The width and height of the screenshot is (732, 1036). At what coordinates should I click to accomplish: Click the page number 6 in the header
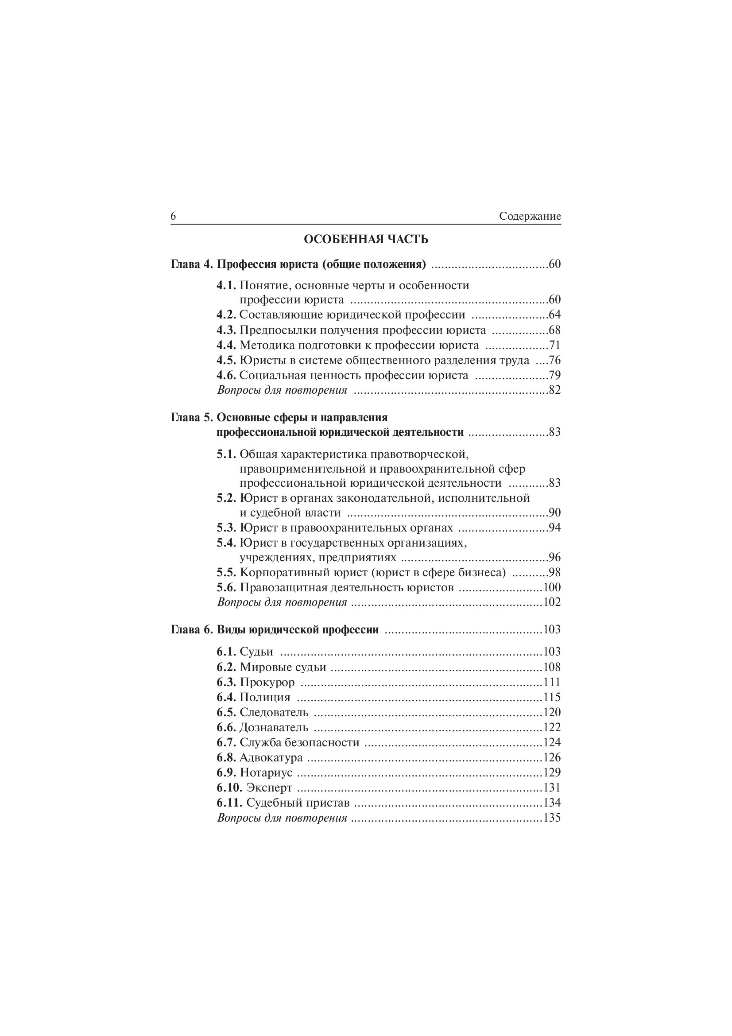point(173,217)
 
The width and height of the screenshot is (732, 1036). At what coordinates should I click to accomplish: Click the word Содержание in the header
point(530,217)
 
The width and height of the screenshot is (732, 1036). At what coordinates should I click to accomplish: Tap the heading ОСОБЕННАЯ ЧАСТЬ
point(366,240)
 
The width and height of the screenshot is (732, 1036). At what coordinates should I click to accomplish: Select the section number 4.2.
point(226,315)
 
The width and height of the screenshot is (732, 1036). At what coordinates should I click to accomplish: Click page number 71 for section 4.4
point(554,345)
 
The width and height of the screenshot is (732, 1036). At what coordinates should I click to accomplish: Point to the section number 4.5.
point(226,361)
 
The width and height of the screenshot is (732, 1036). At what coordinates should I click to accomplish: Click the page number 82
point(554,390)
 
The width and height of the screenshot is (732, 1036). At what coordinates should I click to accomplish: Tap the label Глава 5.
point(192,417)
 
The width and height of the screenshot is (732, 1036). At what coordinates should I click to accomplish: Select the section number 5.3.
point(226,528)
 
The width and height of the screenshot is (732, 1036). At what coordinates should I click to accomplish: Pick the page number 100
point(552,588)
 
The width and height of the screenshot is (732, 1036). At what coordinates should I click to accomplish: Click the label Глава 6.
point(192,630)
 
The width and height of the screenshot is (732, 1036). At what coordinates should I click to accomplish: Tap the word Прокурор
point(267,682)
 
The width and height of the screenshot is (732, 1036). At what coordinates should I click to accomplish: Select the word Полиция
point(265,698)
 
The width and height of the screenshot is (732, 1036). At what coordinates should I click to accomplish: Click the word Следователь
point(274,713)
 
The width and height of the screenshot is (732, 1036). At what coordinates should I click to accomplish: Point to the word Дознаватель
point(274,727)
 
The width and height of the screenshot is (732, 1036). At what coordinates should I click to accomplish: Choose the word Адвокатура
point(271,757)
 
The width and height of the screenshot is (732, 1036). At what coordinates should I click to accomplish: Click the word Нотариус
point(266,772)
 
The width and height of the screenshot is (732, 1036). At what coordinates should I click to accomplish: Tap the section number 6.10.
point(229,788)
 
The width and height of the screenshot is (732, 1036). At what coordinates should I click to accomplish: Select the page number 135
point(552,818)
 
